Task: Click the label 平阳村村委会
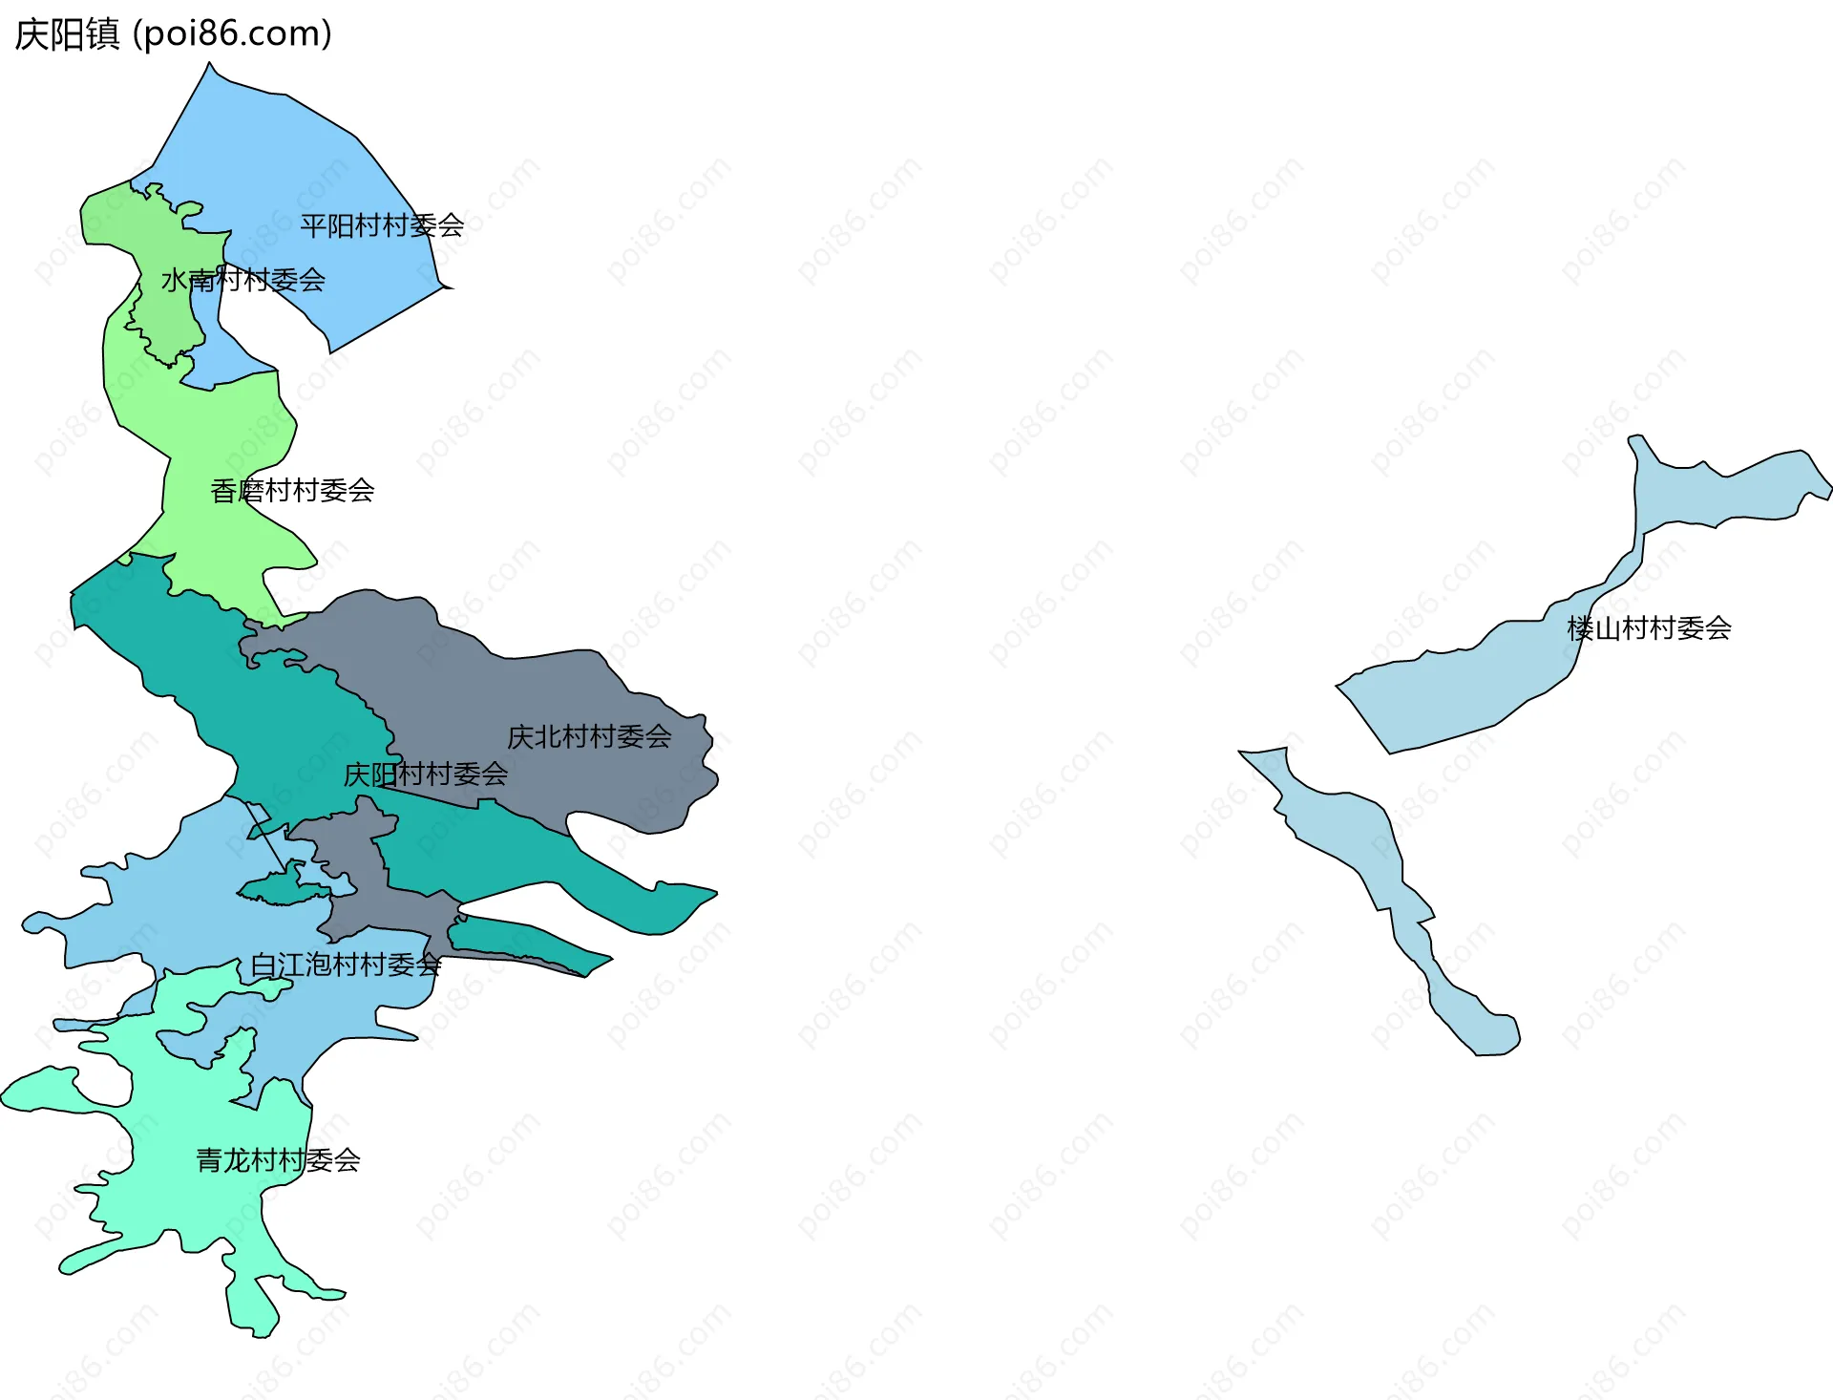(382, 226)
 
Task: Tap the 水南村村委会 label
(243, 281)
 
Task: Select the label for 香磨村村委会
(292, 491)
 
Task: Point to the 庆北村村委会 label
(589, 737)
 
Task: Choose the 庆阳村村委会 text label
(425, 774)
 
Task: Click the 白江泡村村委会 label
(346, 965)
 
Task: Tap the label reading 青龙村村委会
(278, 1160)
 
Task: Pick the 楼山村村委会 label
(1649, 628)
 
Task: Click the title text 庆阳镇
(67, 34)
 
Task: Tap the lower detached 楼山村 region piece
(1356, 831)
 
